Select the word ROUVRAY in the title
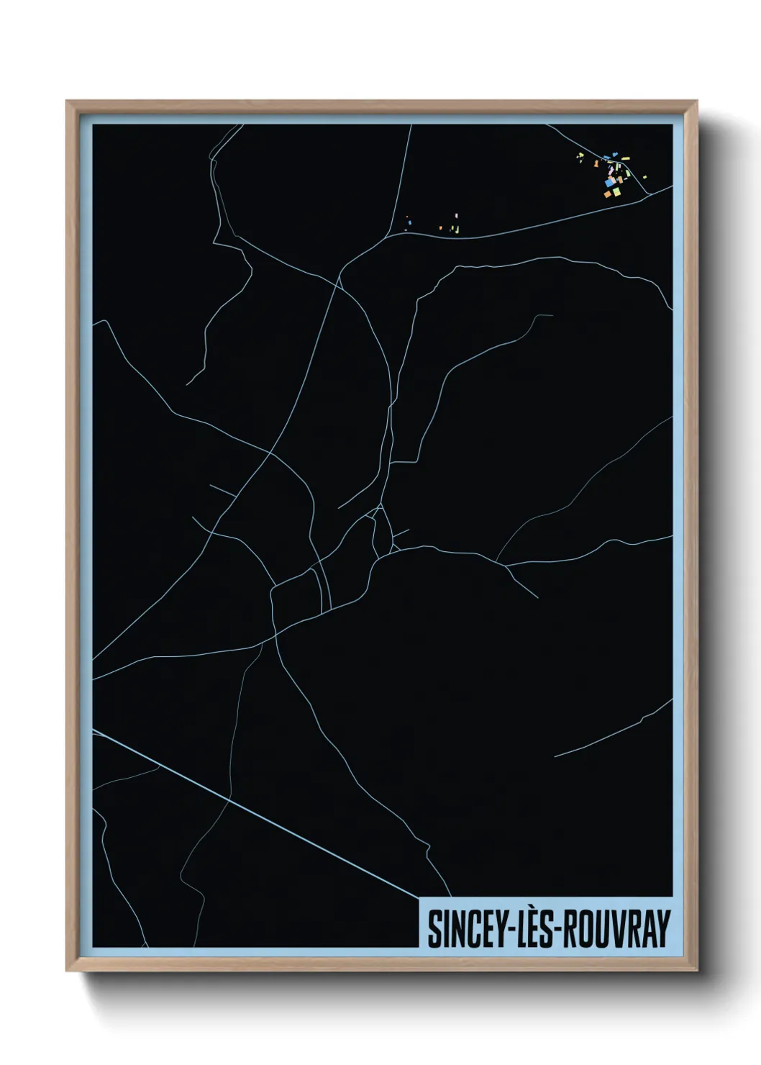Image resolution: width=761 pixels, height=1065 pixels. coord(615,929)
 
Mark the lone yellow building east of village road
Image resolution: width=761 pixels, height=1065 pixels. coord(644,176)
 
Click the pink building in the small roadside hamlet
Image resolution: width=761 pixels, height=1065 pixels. coord(456,215)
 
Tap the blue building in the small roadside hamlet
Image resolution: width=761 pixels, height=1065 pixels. coord(409,222)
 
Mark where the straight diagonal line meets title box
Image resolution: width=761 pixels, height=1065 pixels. coord(419,898)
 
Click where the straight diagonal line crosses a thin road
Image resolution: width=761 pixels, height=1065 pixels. coord(229,798)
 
